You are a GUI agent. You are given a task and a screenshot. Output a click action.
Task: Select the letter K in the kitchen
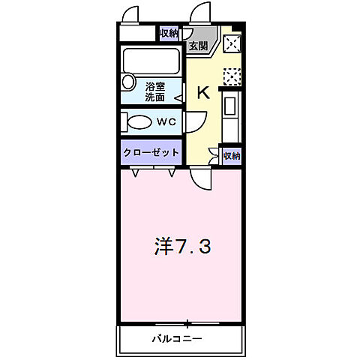[202, 92]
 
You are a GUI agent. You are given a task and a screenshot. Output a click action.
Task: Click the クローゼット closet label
[151, 151]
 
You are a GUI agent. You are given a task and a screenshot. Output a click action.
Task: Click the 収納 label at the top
[169, 33]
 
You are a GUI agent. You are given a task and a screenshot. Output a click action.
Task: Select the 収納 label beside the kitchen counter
[232, 156]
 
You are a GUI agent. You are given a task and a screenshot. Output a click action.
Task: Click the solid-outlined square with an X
[232, 43]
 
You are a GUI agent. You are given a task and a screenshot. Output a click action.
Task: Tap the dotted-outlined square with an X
[232, 76]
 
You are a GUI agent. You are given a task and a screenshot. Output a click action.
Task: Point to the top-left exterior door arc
[132, 15]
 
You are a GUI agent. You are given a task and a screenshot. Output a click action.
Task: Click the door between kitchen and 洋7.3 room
[201, 178]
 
